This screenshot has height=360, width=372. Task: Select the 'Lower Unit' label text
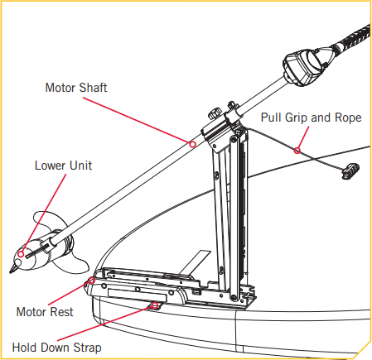click(x=62, y=165)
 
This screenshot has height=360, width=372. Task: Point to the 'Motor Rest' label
click(x=45, y=312)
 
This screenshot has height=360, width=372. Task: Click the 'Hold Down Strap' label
click(x=56, y=348)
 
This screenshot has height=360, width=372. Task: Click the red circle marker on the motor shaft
click(x=192, y=143)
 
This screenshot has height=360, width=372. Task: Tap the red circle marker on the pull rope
click(x=297, y=150)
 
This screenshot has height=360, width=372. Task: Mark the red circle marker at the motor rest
click(x=89, y=283)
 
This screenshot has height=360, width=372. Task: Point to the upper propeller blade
click(x=39, y=223)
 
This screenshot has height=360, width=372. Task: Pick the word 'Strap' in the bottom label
click(x=85, y=348)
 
